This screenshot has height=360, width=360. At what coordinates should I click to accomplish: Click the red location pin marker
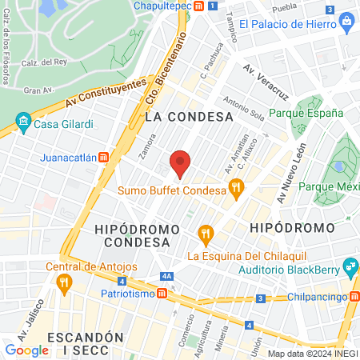tap(181, 164)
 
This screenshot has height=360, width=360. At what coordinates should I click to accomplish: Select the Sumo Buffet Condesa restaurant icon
tap(235, 190)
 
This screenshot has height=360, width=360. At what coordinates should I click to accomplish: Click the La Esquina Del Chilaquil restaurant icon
tap(206, 234)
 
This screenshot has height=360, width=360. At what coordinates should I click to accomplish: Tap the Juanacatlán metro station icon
tap(103, 157)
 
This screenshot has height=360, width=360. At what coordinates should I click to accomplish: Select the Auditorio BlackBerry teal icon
tap(349, 265)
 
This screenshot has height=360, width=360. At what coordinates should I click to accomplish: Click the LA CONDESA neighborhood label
tap(189, 116)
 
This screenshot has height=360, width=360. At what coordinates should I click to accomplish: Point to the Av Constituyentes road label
tap(106, 94)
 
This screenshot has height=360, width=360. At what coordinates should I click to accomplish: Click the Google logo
tap(27, 350)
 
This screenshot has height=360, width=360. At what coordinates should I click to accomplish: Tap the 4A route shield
tap(166, 276)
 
